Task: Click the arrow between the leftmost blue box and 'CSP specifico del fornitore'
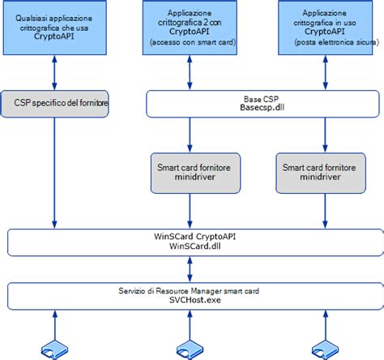point(53,74)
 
